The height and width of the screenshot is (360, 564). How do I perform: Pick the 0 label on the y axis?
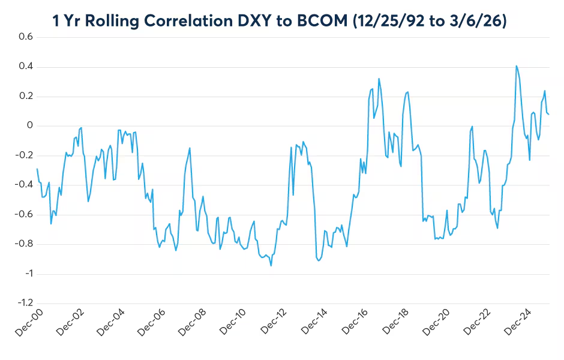pos(29,126)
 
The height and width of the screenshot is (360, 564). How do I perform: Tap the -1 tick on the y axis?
pos(28,274)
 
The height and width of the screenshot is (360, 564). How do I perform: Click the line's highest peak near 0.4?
pos(516,66)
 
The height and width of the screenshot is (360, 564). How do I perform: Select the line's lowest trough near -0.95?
pos(271,266)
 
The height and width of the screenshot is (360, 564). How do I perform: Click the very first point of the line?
pos(37,169)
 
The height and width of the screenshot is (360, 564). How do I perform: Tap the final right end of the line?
pos(549,114)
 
